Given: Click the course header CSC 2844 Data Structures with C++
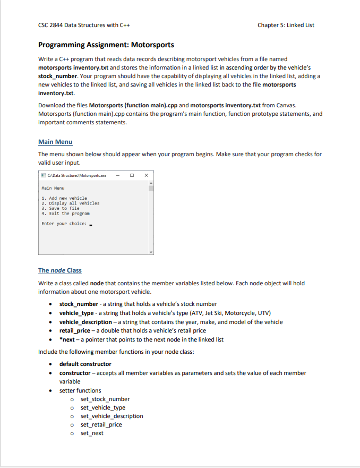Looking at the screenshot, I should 84,25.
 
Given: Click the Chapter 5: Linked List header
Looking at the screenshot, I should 289,25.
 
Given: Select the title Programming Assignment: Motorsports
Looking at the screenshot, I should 106,45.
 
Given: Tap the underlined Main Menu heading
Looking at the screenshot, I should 55,142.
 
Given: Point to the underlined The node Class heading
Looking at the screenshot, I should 60,270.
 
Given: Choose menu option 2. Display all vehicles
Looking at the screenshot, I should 70,203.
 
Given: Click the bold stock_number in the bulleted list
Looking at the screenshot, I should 79,304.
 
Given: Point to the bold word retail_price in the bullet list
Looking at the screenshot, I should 74,330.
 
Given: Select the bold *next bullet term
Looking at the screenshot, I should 67,339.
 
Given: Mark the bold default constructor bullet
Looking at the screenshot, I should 85,364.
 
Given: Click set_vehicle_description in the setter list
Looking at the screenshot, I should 112,416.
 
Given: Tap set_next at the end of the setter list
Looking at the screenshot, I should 92,433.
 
